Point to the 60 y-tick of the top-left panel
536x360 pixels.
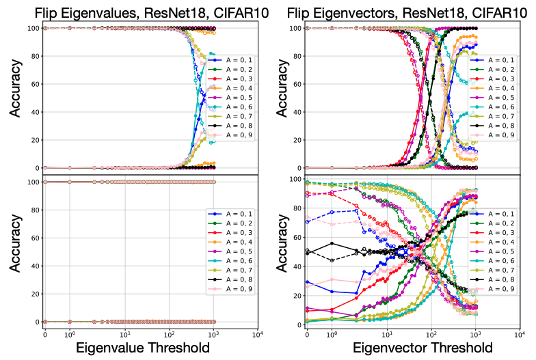(x=31, y=84)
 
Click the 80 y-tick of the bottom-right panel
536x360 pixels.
(x=293, y=208)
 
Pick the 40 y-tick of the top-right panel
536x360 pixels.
(x=293, y=112)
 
